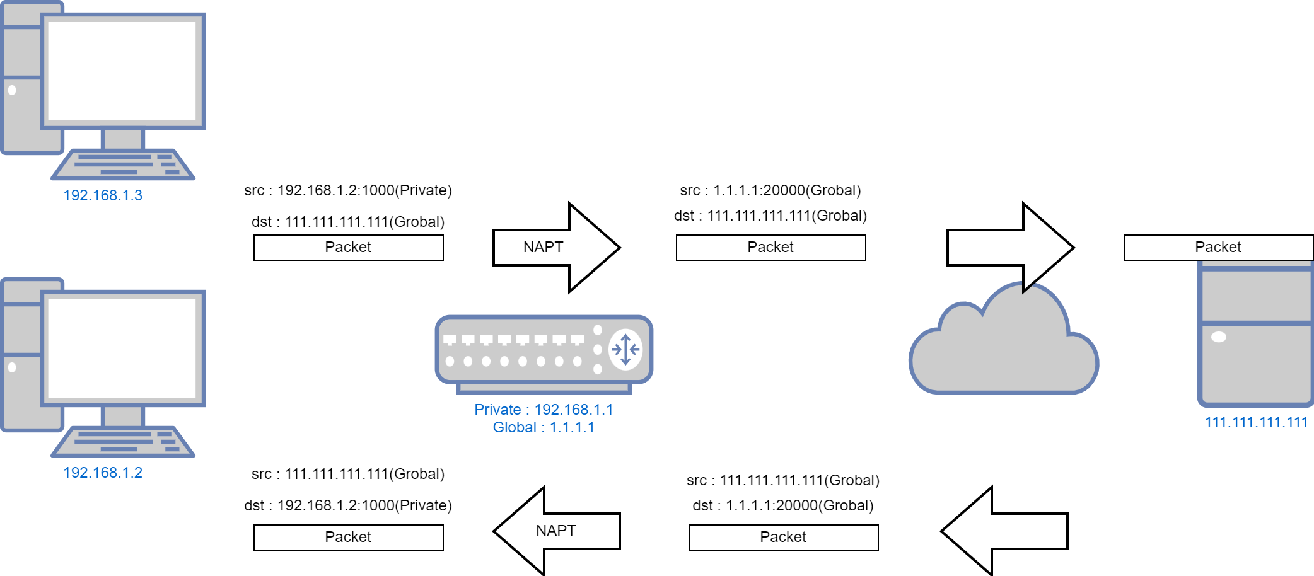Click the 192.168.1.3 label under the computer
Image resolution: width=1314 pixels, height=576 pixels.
[103, 195]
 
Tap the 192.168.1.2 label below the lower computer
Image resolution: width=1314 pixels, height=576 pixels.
[103, 473]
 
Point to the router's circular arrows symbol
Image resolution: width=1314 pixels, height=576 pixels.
[625, 349]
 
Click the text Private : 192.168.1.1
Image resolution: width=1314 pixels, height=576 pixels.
[544, 410]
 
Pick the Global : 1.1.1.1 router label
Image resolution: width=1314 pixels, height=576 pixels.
[544, 427]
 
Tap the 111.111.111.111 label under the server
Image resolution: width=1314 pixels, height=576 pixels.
[1256, 422]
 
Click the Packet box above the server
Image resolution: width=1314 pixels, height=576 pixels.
[1218, 247]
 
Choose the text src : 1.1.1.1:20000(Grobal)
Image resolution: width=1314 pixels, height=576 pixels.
[770, 190]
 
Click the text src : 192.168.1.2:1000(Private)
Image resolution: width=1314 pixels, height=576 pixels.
[348, 190]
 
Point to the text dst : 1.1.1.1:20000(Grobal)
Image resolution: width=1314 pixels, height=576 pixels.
[783, 505]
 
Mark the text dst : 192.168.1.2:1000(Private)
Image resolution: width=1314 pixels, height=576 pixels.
[348, 505]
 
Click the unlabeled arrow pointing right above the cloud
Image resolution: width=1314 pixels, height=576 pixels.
[1009, 247]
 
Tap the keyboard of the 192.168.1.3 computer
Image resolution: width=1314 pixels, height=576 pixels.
[123, 164]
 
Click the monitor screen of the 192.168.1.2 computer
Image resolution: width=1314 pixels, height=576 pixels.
[122, 348]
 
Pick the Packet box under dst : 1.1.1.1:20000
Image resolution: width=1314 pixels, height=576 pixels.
[783, 537]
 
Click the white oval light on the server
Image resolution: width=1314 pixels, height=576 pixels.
[1219, 337]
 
